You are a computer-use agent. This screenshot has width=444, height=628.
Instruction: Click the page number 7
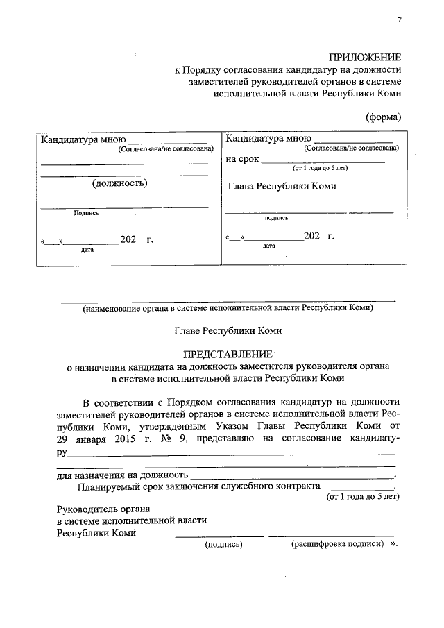click(x=399, y=19)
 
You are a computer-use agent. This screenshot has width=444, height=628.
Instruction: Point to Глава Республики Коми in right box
click(x=282, y=186)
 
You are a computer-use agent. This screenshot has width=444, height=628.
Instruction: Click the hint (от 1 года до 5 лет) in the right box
click(x=320, y=168)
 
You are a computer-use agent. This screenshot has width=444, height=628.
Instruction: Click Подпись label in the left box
click(x=87, y=213)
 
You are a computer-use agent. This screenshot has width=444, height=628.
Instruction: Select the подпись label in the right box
click(x=276, y=217)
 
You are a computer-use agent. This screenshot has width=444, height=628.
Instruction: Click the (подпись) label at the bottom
click(x=223, y=545)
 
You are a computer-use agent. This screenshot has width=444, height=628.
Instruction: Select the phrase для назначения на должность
click(x=122, y=475)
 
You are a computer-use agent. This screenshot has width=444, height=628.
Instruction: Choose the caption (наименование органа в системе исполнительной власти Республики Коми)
click(x=228, y=308)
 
